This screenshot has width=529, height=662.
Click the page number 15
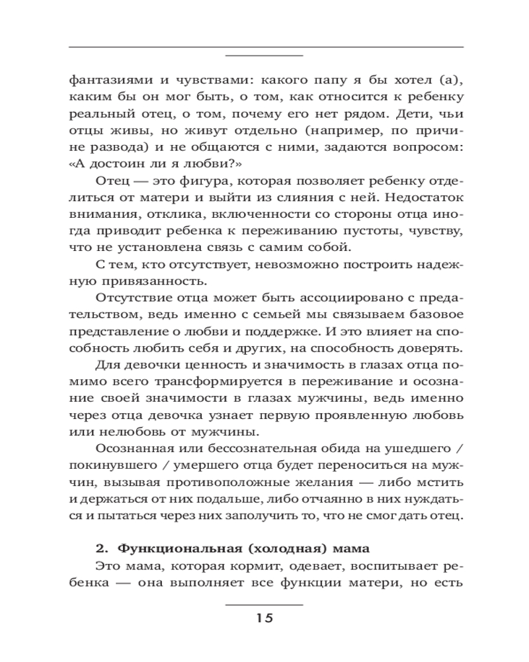pyautogui.click(x=264, y=618)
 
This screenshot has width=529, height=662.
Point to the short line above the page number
pyautogui.click(x=264, y=604)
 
